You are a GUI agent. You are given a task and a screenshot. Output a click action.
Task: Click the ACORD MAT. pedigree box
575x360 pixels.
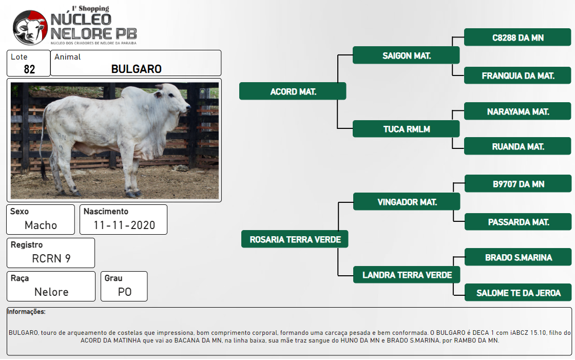click(293, 91)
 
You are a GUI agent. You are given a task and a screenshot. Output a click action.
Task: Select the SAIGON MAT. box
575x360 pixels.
click(406, 55)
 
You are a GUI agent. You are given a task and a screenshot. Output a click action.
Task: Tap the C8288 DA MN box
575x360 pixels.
click(517, 37)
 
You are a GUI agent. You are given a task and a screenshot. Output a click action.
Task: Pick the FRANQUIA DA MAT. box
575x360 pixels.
click(517, 75)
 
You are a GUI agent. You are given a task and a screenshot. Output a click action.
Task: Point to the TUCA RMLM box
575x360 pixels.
click(406, 129)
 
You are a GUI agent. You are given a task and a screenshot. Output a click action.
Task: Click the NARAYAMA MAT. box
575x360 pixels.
click(517, 111)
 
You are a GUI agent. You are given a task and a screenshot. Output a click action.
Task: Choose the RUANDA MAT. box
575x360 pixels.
click(517, 146)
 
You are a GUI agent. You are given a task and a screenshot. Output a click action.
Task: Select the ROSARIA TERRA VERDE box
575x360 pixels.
click(295, 239)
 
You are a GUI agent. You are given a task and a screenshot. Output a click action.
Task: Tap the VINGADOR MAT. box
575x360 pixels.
click(407, 202)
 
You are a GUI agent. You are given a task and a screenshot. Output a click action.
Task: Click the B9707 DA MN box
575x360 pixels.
click(518, 184)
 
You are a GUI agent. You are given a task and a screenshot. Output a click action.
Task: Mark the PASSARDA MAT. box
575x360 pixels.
click(518, 222)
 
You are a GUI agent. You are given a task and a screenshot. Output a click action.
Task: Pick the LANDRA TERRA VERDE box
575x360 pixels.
click(407, 275)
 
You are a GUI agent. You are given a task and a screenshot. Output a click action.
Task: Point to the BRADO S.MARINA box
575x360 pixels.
click(518, 257)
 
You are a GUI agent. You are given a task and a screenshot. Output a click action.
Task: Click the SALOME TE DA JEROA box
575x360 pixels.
click(518, 293)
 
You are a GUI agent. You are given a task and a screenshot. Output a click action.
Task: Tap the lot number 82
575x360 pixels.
click(29, 69)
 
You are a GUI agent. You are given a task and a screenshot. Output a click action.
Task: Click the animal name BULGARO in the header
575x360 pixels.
click(137, 69)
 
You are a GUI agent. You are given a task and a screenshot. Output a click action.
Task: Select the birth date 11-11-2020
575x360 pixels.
click(124, 225)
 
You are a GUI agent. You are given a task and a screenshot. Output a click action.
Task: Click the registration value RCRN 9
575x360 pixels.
click(51, 258)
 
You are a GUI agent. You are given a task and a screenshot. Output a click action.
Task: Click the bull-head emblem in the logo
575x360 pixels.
click(30, 28)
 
